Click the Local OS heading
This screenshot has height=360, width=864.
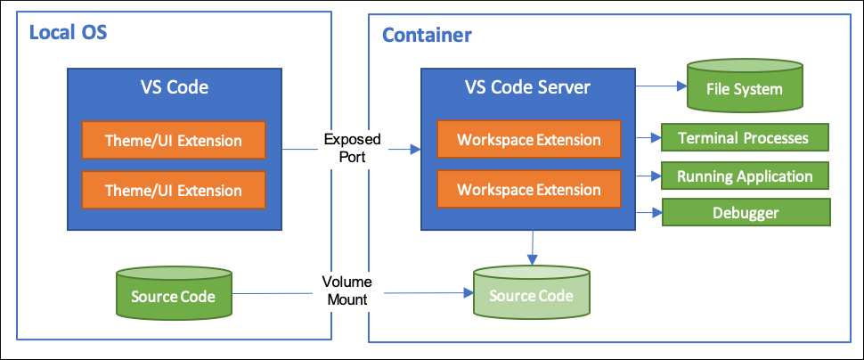(68, 33)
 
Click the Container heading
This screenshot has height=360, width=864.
(427, 36)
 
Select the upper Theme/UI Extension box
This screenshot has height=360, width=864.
(174, 141)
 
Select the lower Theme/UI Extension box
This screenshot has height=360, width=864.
(174, 190)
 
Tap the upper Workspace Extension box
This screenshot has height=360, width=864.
(528, 140)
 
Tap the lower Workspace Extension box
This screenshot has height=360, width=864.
(528, 190)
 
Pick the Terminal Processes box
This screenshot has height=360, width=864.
(745, 137)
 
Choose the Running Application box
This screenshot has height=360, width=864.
(745, 176)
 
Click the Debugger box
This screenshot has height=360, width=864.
(746, 212)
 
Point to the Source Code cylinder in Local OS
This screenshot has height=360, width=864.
(174, 293)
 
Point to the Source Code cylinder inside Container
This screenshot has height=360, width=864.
(531, 291)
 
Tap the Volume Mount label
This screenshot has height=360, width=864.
(347, 291)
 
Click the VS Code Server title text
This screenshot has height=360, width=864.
(528, 87)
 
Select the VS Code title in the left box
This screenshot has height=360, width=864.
(174, 87)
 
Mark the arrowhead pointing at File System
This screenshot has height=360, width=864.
(682, 86)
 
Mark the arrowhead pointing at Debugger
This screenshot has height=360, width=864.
(656, 212)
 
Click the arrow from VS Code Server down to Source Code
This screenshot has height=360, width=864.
(533, 248)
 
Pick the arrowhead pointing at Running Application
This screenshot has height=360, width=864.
(656, 176)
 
